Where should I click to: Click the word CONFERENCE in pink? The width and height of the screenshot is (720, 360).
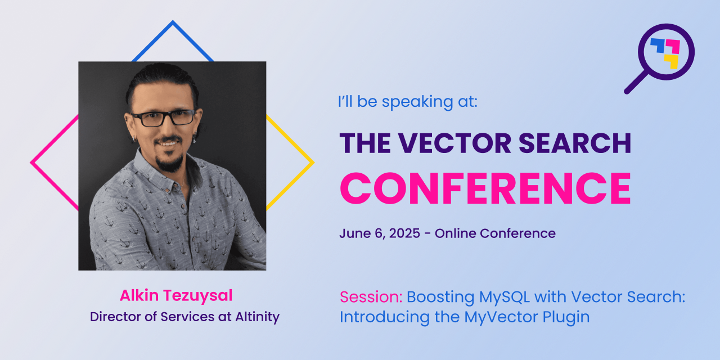click(x=485, y=188)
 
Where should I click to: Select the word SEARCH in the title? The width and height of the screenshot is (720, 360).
click(x=575, y=143)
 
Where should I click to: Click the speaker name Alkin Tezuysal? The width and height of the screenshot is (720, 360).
click(x=176, y=296)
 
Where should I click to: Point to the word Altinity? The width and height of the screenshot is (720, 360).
click(x=258, y=317)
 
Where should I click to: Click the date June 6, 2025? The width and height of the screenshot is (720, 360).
click(x=380, y=233)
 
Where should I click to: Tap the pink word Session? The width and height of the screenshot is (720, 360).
click(x=371, y=296)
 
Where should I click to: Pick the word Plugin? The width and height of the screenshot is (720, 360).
click(x=566, y=318)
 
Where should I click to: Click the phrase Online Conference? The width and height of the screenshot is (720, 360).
click(x=495, y=233)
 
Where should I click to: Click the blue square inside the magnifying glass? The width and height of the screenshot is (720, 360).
click(x=658, y=46)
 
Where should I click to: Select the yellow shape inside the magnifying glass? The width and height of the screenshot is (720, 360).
click(x=672, y=61)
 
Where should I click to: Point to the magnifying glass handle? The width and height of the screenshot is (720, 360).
click(x=636, y=83)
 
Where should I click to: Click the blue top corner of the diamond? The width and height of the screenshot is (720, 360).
click(x=173, y=22)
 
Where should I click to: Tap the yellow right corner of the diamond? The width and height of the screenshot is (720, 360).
click(x=312, y=163)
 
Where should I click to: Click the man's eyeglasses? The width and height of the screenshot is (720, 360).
click(x=164, y=118)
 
